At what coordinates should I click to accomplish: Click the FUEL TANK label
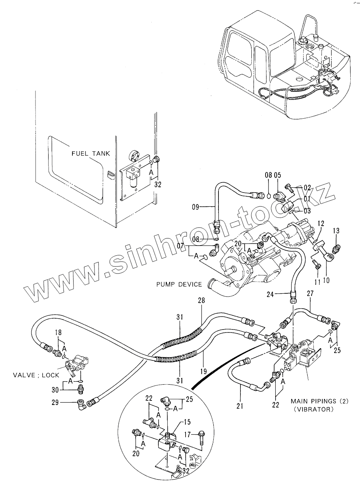(91, 153)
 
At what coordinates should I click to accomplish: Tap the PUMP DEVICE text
(179, 284)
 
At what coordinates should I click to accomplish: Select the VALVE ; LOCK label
(36, 375)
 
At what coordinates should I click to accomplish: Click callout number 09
(196, 207)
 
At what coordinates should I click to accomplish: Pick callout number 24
(270, 294)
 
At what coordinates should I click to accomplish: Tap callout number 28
(201, 300)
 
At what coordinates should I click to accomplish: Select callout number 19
(204, 371)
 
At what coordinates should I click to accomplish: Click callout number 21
(240, 406)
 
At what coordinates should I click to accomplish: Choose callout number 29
(55, 402)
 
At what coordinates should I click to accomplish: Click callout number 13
(336, 231)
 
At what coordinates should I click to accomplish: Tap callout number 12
(321, 223)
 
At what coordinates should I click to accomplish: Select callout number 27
(310, 294)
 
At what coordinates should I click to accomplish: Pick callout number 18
(58, 332)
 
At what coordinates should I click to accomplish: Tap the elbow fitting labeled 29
(82, 403)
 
